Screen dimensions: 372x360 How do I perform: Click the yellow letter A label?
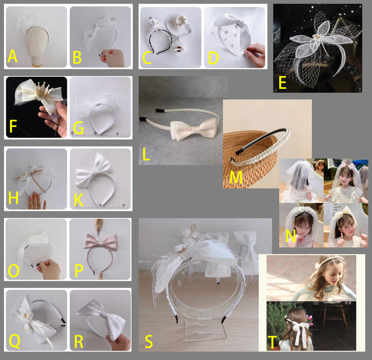pos(13,56)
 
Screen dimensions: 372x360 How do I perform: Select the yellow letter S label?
pos(149,342)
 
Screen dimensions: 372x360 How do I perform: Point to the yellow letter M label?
pos(236,177)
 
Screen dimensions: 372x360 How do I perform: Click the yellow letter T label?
pos(272,342)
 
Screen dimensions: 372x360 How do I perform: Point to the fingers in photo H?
pos(36,201)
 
